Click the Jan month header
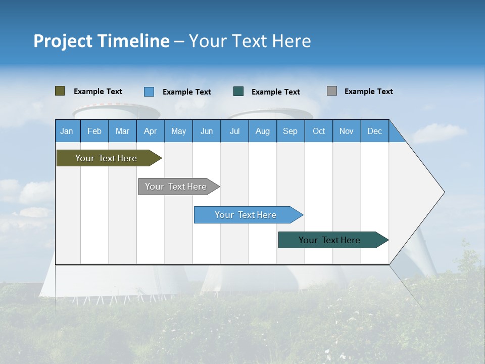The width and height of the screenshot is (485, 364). [67, 131]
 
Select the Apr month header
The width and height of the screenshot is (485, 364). [151, 131]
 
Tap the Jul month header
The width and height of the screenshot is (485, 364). [234, 131]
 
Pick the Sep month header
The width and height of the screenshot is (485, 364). [290, 131]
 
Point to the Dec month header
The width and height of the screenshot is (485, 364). [374, 131]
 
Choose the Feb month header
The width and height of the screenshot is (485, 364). [94, 131]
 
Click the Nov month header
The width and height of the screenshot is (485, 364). [347, 131]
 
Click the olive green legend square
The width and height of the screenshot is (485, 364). [60, 91]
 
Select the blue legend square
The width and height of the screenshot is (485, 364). [149, 92]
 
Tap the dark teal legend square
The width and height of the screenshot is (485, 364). [238, 92]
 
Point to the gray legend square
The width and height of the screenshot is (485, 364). [332, 91]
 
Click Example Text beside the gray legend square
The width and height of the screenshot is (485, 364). [368, 92]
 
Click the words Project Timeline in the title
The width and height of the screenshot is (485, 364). [102, 41]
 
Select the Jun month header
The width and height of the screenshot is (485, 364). [207, 131]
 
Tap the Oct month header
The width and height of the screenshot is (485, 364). [319, 131]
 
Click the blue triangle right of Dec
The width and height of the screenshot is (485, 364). [396, 135]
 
